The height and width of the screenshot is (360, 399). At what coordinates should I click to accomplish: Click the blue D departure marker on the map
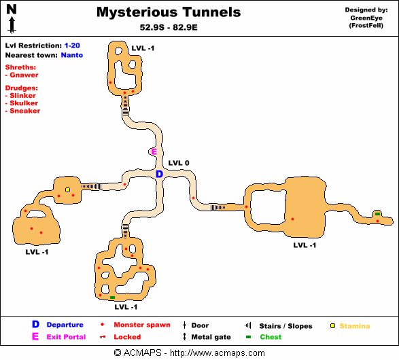point(159,174)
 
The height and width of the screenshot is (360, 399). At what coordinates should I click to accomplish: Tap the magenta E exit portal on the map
point(154,151)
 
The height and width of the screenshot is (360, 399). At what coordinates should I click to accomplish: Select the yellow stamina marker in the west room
point(67,190)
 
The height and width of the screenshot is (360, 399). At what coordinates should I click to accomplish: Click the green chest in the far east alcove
point(378,214)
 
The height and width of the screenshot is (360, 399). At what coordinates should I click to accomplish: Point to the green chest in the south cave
point(112,298)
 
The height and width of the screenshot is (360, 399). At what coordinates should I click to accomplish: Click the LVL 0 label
point(179,163)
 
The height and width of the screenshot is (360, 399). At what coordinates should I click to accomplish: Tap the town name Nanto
point(72,55)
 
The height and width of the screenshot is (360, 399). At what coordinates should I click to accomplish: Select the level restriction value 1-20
point(72,46)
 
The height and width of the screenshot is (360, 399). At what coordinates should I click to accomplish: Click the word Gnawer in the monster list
point(24,75)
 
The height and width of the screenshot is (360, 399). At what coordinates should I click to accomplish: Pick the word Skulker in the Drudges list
point(24,103)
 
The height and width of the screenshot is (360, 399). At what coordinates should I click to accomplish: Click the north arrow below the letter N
point(12,25)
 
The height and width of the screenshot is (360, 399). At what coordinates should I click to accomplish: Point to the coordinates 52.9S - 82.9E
point(169,27)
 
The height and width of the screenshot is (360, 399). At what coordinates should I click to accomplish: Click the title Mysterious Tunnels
point(169,12)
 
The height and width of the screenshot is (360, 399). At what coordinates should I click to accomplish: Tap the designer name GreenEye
point(366,18)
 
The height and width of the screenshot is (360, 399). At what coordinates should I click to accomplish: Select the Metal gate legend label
point(211,337)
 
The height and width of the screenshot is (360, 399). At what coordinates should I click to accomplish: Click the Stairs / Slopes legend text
point(285,326)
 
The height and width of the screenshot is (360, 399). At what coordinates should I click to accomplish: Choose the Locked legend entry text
point(127,337)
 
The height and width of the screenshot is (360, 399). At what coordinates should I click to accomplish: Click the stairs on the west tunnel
point(91,186)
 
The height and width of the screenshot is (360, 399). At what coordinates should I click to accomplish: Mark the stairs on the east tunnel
point(218,207)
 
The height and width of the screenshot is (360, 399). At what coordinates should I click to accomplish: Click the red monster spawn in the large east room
point(293,219)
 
